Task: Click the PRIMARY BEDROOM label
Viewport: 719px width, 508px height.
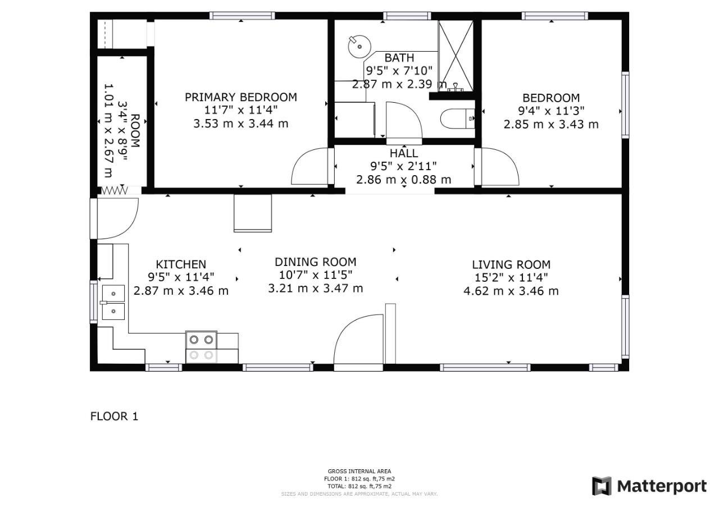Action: (241, 97)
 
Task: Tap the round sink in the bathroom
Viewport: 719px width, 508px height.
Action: (359, 47)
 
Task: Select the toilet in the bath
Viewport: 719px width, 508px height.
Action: (457, 118)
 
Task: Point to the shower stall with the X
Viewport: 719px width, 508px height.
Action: (456, 56)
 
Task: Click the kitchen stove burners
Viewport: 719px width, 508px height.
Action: (201, 347)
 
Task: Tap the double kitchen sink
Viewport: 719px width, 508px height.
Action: (113, 303)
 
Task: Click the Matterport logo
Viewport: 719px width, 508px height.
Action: (649, 486)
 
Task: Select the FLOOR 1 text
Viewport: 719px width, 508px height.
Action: (114, 417)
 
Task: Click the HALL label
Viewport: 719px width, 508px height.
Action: (404, 153)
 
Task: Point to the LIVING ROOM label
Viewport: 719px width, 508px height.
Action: (511, 264)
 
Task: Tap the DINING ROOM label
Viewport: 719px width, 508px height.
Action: (316, 262)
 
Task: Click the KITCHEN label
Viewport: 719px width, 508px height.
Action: (181, 264)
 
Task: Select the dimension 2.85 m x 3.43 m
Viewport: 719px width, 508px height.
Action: (551, 124)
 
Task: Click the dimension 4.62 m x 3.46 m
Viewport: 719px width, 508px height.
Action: (511, 291)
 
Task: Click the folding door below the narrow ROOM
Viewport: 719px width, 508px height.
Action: (115, 191)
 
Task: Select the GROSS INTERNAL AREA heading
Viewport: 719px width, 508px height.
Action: (359, 471)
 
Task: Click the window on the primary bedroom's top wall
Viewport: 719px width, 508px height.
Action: (242, 15)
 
